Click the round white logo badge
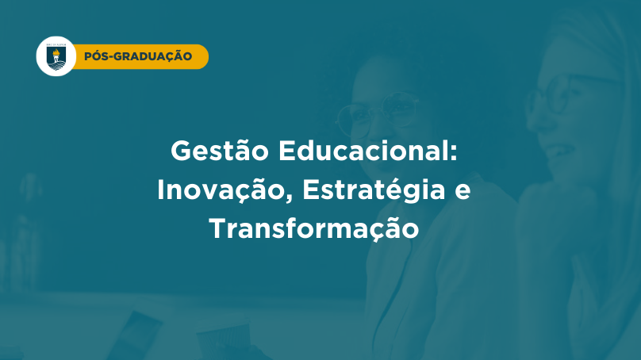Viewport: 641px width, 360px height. (56, 56)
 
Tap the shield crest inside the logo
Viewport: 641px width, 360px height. (56, 58)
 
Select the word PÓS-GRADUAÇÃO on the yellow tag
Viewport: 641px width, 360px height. (138, 56)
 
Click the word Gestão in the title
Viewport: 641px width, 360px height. (220, 151)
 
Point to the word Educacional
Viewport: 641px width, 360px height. (363, 151)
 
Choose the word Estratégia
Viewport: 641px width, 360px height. (374, 191)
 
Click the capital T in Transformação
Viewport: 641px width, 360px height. (218, 228)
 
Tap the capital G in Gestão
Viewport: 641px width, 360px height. (182, 151)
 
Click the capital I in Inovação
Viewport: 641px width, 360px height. (161, 190)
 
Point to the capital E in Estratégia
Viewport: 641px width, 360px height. (312, 190)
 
